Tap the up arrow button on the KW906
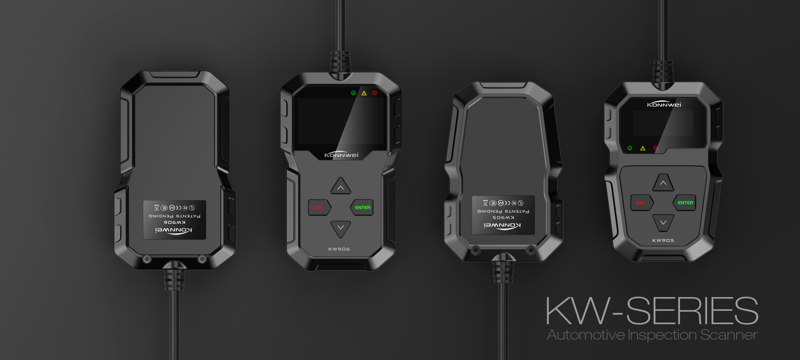coord(340,187)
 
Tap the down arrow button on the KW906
coord(340,228)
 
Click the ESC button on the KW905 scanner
coord(641,203)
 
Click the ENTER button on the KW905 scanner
coord(685,203)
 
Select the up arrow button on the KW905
coord(663,182)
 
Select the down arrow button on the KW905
coord(663,222)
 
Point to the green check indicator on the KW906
coord(353,93)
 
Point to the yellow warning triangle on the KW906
coord(364,93)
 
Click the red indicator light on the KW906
coord(375,93)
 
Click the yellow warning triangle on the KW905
coord(642,148)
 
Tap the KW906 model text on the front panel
coord(339,249)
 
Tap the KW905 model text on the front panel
coord(663,240)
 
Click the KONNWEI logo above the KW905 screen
coord(664,104)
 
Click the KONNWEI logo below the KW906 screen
coord(341,155)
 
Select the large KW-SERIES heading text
coord(652,311)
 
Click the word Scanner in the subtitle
coord(729,335)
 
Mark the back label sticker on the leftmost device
coord(175,220)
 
